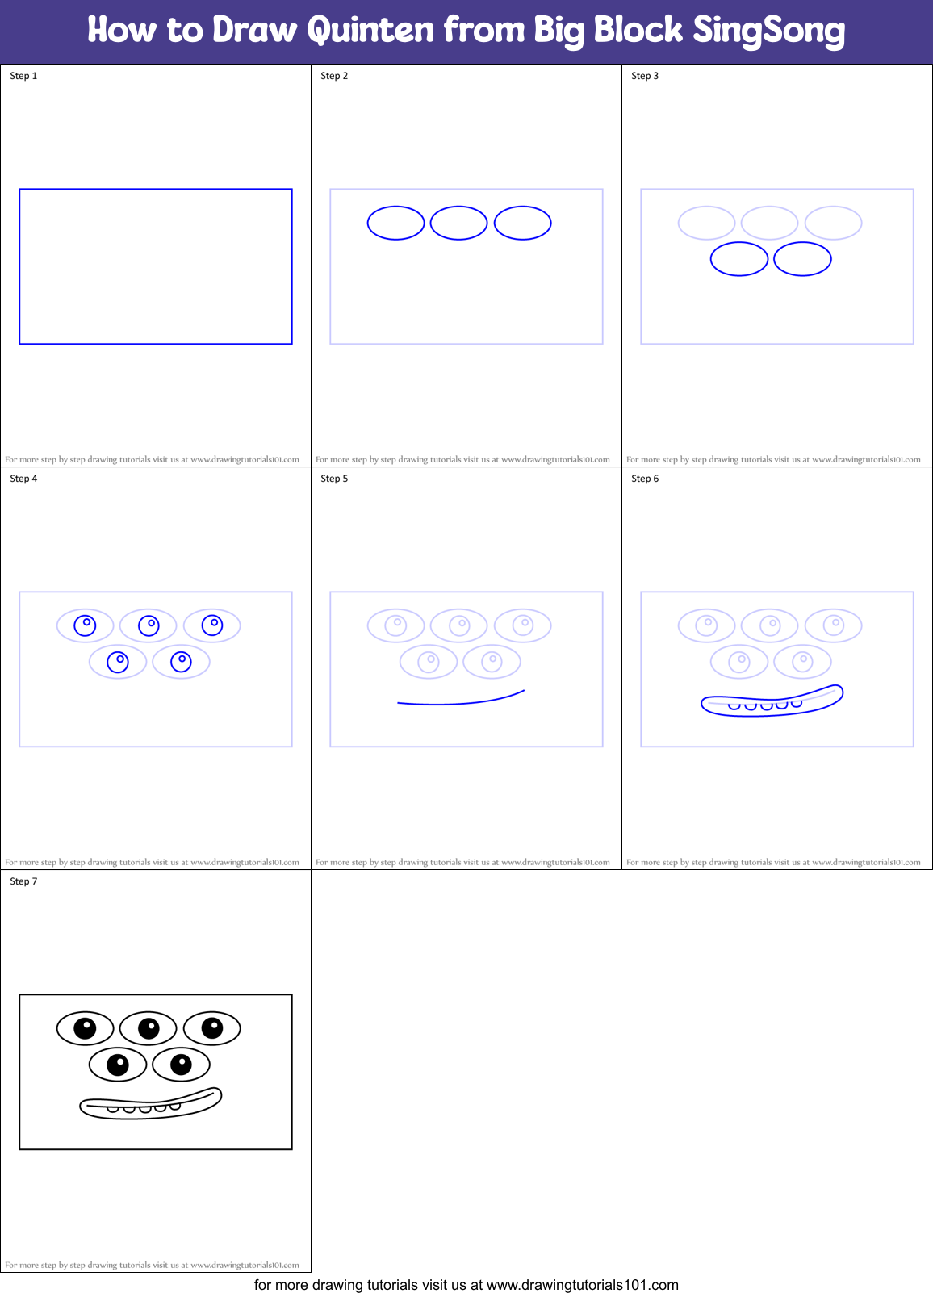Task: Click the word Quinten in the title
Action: [370, 31]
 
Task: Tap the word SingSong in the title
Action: [768, 31]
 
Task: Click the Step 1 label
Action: [23, 76]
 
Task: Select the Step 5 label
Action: [334, 479]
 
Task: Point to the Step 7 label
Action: [23, 881]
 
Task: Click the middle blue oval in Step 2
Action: [458, 223]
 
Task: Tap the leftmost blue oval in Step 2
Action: [395, 223]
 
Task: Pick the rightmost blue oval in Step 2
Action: [522, 223]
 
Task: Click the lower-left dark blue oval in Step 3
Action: [738, 259]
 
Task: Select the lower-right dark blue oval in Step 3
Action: [802, 259]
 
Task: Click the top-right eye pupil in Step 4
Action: [212, 625]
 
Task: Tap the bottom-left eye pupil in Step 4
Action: [118, 662]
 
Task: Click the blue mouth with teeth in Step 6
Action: [771, 701]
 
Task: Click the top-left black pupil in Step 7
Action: [85, 1027]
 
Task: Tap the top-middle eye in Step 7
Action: [149, 1027]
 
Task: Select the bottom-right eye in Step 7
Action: [181, 1065]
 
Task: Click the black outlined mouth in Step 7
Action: [150, 1104]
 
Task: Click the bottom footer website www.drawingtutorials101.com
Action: [582, 1285]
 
